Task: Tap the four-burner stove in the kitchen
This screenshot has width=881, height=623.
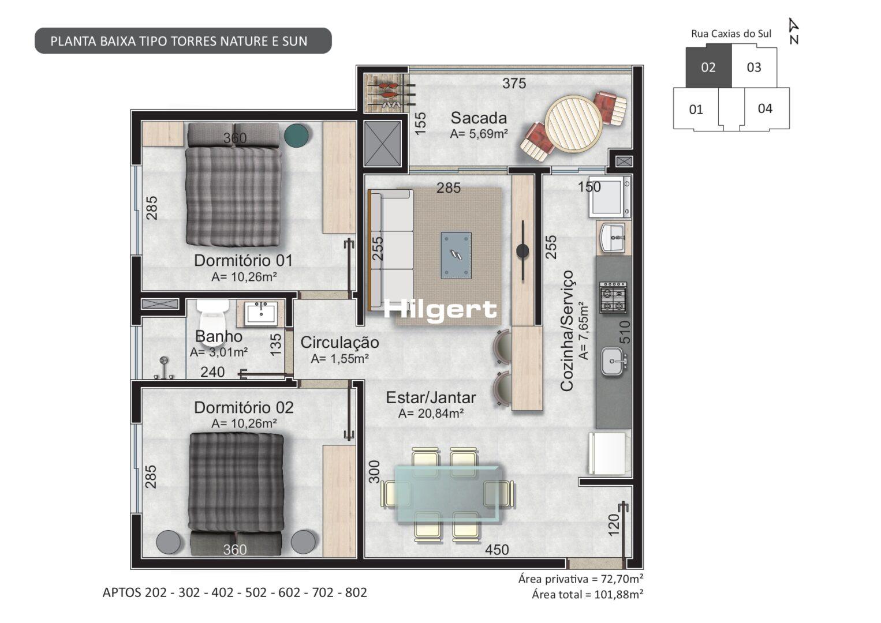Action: coord(613,298)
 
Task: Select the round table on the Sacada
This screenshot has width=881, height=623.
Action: coord(573,123)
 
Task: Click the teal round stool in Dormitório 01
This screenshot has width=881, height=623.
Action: coord(297,135)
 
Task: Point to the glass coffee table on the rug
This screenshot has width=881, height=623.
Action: coord(456,255)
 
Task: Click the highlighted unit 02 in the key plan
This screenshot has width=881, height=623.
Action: coord(708,67)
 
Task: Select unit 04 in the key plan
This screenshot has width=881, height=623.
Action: coord(766,108)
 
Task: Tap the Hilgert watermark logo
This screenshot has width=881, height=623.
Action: coord(440,310)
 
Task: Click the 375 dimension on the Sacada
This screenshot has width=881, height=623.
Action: coord(514,83)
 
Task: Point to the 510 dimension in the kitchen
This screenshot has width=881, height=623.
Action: coord(625,332)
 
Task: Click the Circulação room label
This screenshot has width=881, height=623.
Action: coord(340,342)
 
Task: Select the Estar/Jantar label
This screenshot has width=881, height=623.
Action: coord(431,397)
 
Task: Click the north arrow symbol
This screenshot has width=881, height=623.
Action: coord(794,31)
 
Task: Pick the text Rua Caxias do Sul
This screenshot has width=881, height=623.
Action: coord(731,34)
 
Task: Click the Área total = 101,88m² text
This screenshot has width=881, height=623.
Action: coord(588,594)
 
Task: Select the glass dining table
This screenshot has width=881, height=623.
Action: coord(448,495)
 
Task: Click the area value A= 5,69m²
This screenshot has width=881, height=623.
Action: coord(479,134)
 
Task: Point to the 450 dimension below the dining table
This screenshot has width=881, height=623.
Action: coord(497,550)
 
